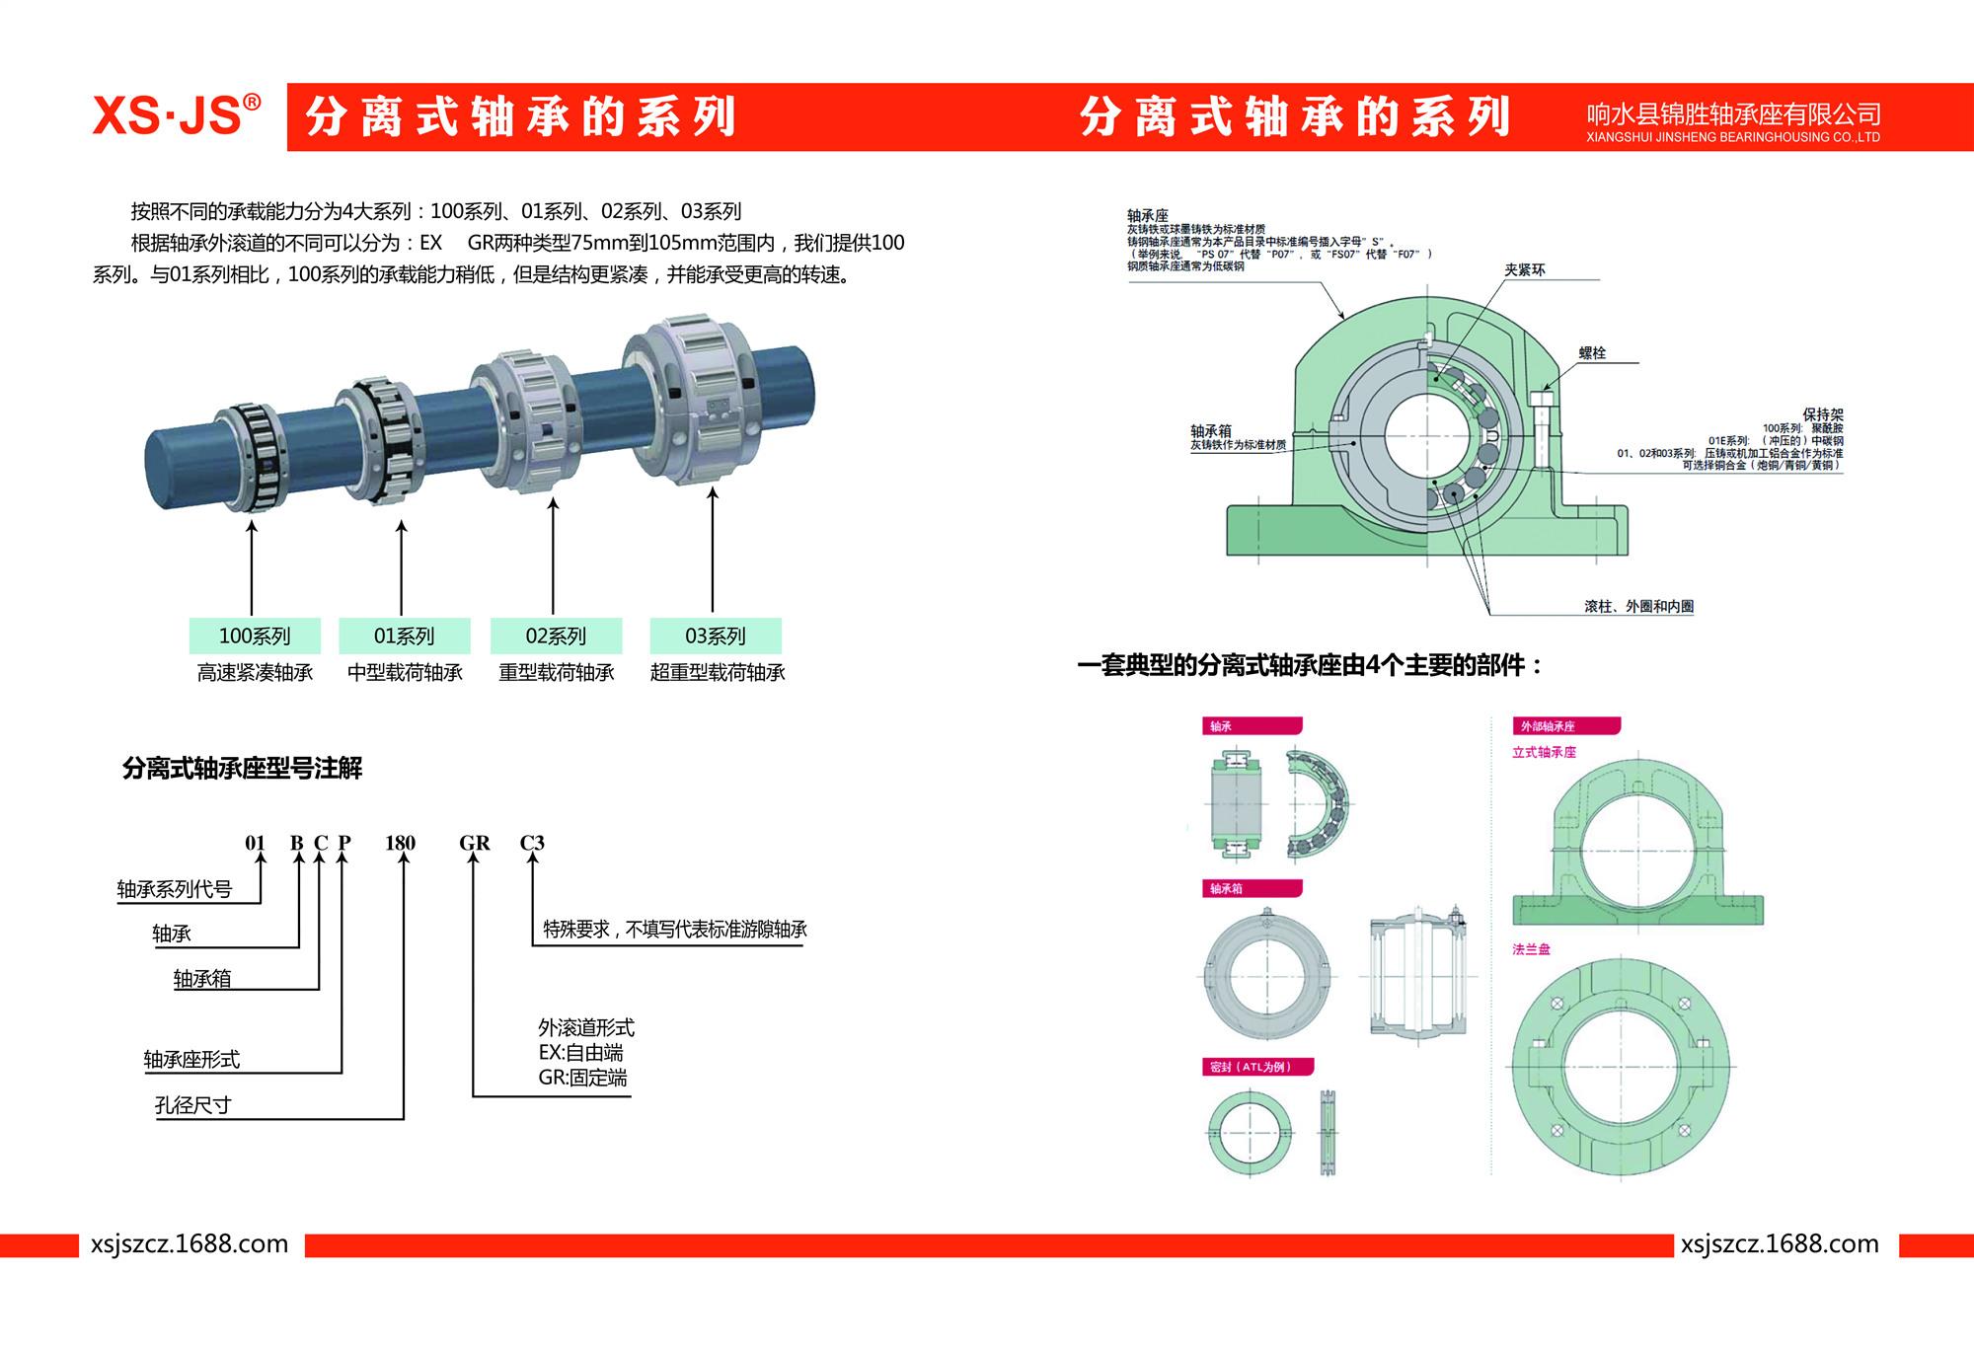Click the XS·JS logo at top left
click(176, 115)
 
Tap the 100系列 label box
click(255, 636)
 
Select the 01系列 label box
click(404, 636)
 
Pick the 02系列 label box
click(556, 636)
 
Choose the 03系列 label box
click(716, 636)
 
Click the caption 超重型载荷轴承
click(718, 673)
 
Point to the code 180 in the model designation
click(400, 843)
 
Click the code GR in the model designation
click(474, 843)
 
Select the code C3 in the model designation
click(532, 843)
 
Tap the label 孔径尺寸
click(192, 1105)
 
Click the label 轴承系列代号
click(175, 889)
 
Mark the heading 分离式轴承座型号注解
click(242, 768)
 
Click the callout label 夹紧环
click(1524, 270)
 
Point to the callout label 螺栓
click(1592, 352)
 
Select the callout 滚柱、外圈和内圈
click(1638, 607)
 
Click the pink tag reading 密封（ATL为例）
click(1250, 1067)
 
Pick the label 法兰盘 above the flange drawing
click(1531, 949)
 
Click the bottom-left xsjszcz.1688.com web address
click(190, 1244)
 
